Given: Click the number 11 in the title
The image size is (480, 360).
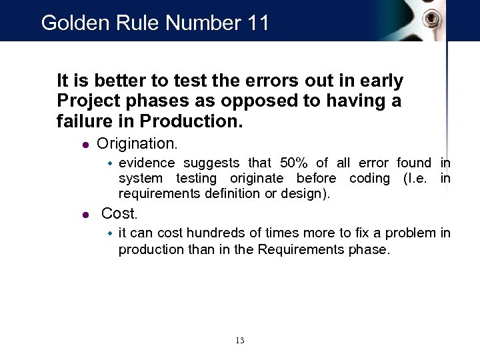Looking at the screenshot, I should pos(258,23).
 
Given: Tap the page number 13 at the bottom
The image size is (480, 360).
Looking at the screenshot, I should pos(240,341).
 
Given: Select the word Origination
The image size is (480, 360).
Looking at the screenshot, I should pos(137,143).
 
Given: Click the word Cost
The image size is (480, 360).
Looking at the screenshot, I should pos(119,214).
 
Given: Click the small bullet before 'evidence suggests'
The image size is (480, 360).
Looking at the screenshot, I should pos(111,163).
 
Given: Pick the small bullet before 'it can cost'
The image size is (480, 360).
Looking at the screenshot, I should pos(111,233).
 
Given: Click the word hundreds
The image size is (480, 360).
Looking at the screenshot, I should pos(217,233).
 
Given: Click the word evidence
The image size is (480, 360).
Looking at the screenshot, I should pos(147,163).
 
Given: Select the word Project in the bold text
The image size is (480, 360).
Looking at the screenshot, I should pos(84,102).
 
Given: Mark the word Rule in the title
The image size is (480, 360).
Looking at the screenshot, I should pos(138,23).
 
